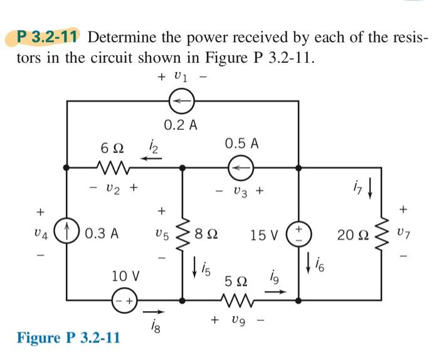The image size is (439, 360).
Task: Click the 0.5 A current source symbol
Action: pyautogui.click(x=240, y=167)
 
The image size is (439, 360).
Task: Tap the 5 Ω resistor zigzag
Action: pyautogui.click(x=240, y=300)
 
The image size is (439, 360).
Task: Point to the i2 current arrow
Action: pyautogui.click(x=150, y=158)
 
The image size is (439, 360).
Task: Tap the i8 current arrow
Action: pyautogui.click(x=151, y=311)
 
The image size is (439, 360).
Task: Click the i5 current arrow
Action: pyautogui.click(x=195, y=263)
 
